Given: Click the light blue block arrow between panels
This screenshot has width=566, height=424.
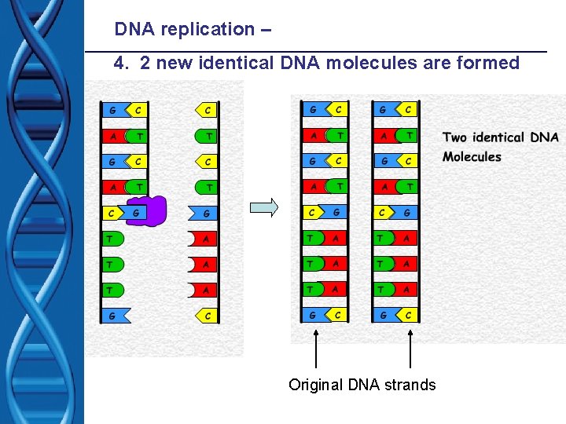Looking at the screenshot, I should [x=264, y=208].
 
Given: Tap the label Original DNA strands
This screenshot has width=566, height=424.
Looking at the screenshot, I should [x=362, y=385].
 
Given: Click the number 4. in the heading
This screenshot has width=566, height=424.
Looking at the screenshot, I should [x=122, y=64].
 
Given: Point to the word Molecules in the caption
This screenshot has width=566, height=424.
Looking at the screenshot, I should [x=472, y=156].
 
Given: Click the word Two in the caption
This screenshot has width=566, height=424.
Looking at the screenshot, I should [x=454, y=137].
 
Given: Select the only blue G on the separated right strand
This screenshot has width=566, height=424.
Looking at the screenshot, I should [x=204, y=213].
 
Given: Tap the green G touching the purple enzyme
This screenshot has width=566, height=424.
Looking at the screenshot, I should [x=136, y=212].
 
